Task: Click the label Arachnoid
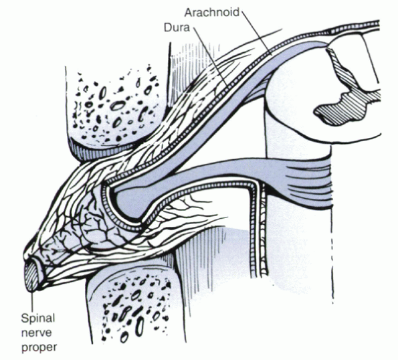[211, 12]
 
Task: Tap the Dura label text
[177, 27]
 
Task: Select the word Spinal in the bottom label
[38, 319]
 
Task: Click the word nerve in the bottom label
[36, 333]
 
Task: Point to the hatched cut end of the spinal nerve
[31, 276]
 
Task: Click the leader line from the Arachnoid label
[256, 32]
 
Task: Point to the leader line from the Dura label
[211, 56]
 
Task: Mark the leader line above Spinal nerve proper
[32, 301]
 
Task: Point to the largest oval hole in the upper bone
[118, 105]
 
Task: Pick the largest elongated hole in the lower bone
[139, 327]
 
